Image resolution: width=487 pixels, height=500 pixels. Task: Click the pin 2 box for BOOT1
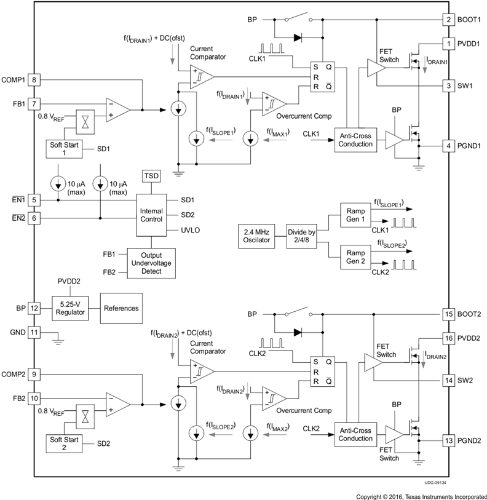pyautogui.click(x=449, y=20)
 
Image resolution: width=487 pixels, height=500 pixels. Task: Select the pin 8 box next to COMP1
pyautogui.click(x=35, y=79)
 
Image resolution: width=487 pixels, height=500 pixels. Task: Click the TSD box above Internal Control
pyautogui.click(x=151, y=176)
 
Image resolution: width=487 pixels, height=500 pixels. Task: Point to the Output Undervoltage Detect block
pyautogui.click(x=151, y=263)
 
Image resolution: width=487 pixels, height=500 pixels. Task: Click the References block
pyautogui.click(x=121, y=308)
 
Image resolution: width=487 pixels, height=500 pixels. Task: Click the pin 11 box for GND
pyautogui.click(x=35, y=331)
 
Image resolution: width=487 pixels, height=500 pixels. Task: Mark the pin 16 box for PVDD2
pyautogui.click(x=449, y=337)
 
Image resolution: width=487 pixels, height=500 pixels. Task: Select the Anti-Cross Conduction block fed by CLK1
pyautogui.click(x=355, y=140)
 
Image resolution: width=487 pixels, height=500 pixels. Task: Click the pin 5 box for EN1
pyautogui.click(x=35, y=199)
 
